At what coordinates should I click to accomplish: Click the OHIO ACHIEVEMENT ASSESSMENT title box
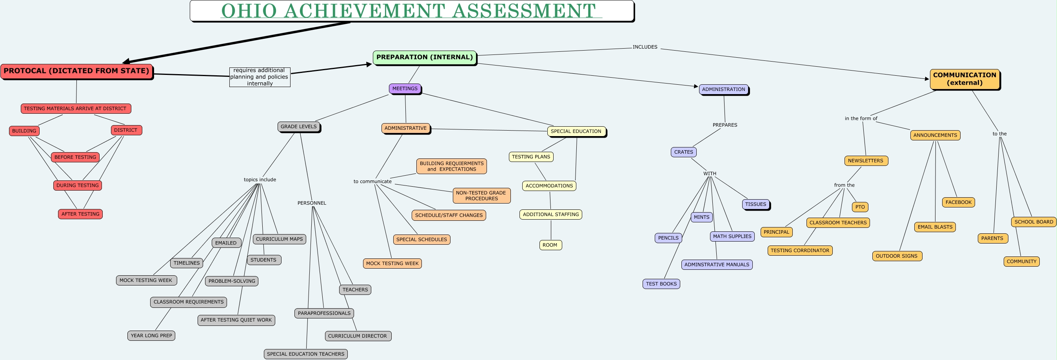pyautogui.click(x=412, y=11)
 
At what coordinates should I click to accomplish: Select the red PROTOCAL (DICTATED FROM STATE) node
pyautogui.click(x=76, y=71)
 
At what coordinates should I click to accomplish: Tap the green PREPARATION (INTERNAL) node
pyautogui.click(x=424, y=58)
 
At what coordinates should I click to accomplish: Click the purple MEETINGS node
pyautogui.click(x=405, y=89)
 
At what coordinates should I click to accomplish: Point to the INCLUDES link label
pyautogui.click(x=645, y=47)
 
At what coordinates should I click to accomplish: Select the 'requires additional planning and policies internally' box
pyautogui.click(x=259, y=77)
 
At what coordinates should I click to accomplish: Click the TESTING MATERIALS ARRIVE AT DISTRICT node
pyautogui.click(x=76, y=109)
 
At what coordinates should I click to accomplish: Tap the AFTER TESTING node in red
pyautogui.click(x=80, y=214)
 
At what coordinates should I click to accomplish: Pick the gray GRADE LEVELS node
pyautogui.click(x=298, y=127)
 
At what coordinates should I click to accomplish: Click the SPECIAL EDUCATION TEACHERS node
pyautogui.click(x=305, y=354)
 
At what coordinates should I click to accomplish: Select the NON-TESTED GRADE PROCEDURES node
pyautogui.click(x=481, y=196)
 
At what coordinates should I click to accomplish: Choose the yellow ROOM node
pyautogui.click(x=550, y=245)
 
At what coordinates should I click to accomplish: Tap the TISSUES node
pyautogui.click(x=756, y=204)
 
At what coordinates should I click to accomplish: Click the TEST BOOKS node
pyautogui.click(x=661, y=284)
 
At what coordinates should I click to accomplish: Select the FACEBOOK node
pyautogui.click(x=958, y=202)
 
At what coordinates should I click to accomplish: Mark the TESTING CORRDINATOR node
pyautogui.click(x=799, y=251)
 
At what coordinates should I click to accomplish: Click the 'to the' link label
pyautogui.click(x=999, y=134)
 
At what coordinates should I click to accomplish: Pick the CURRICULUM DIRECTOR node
pyautogui.click(x=358, y=336)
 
